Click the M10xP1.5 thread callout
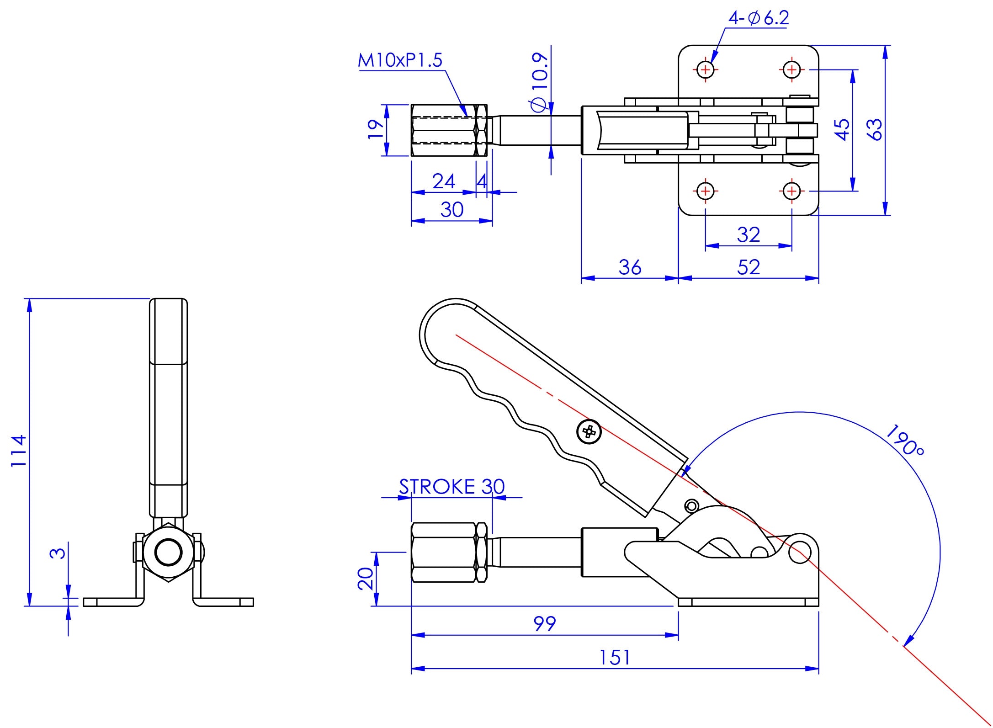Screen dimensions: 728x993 (x=400, y=60)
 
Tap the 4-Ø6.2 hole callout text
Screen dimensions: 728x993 (x=759, y=18)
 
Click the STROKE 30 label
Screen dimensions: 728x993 (x=451, y=487)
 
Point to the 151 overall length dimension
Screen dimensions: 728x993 (x=615, y=658)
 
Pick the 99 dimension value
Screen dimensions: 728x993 (x=545, y=623)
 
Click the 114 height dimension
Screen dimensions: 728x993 (x=19, y=451)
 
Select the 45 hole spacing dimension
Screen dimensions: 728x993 (x=842, y=129)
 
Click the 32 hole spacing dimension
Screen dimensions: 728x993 (x=748, y=235)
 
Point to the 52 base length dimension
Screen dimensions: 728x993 (x=748, y=267)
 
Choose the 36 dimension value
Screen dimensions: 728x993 (x=630, y=267)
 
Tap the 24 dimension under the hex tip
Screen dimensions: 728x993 (x=444, y=181)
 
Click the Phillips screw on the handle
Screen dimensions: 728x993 (x=589, y=431)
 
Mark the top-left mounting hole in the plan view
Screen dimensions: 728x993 (x=706, y=70)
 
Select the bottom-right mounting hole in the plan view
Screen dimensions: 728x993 (x=792, y=191)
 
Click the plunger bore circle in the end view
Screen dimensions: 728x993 (x=169, y=553)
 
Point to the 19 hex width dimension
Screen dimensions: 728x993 (x=376, y=129)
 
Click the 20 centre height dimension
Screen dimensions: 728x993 (x=366, y=579)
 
